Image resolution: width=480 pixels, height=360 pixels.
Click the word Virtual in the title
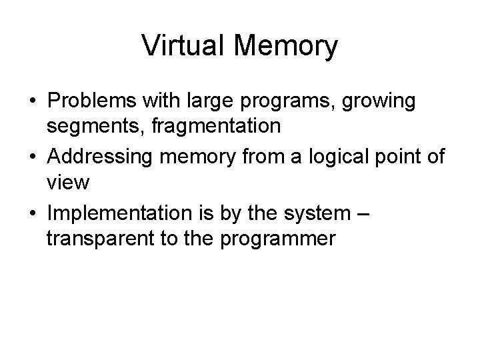coord(182,46)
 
